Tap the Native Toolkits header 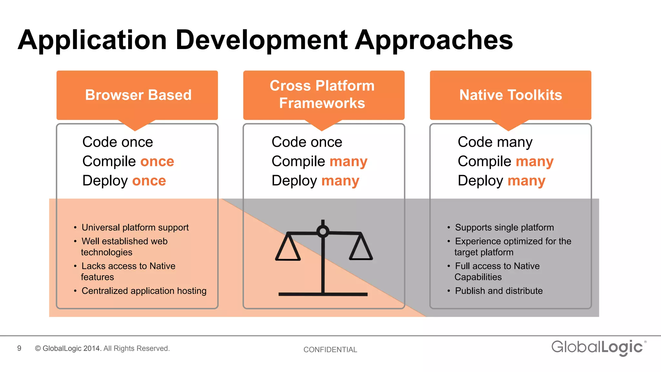pyautogui.click(x=510, y=95)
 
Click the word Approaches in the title pyautogui.click(x=434, y=40)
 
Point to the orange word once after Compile pyautogui.click(x=157, y=161)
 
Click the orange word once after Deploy pyautogui.click(x=149, y=181)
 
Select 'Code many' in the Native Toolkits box pyautogui.click(x=495, y=142)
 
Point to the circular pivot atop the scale pyautogui.click(x=323, y=231)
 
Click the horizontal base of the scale pyautogui.click(x=323, y=294)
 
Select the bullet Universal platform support pyautogui.click(x=135, y=227)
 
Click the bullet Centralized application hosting pyautogui.click(x=144, y=291)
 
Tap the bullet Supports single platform pyautogui.click(x=504, y=227)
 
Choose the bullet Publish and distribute pyautogui.click(x=499, y=291)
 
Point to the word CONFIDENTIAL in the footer pyautogui.click(x=330, y=349)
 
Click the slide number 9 pyautogui.click(x=19, y=348)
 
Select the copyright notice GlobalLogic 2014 pyautogui.click(x=102, y=348)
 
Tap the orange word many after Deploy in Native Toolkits pyautogui.click(x=526, y=181)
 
